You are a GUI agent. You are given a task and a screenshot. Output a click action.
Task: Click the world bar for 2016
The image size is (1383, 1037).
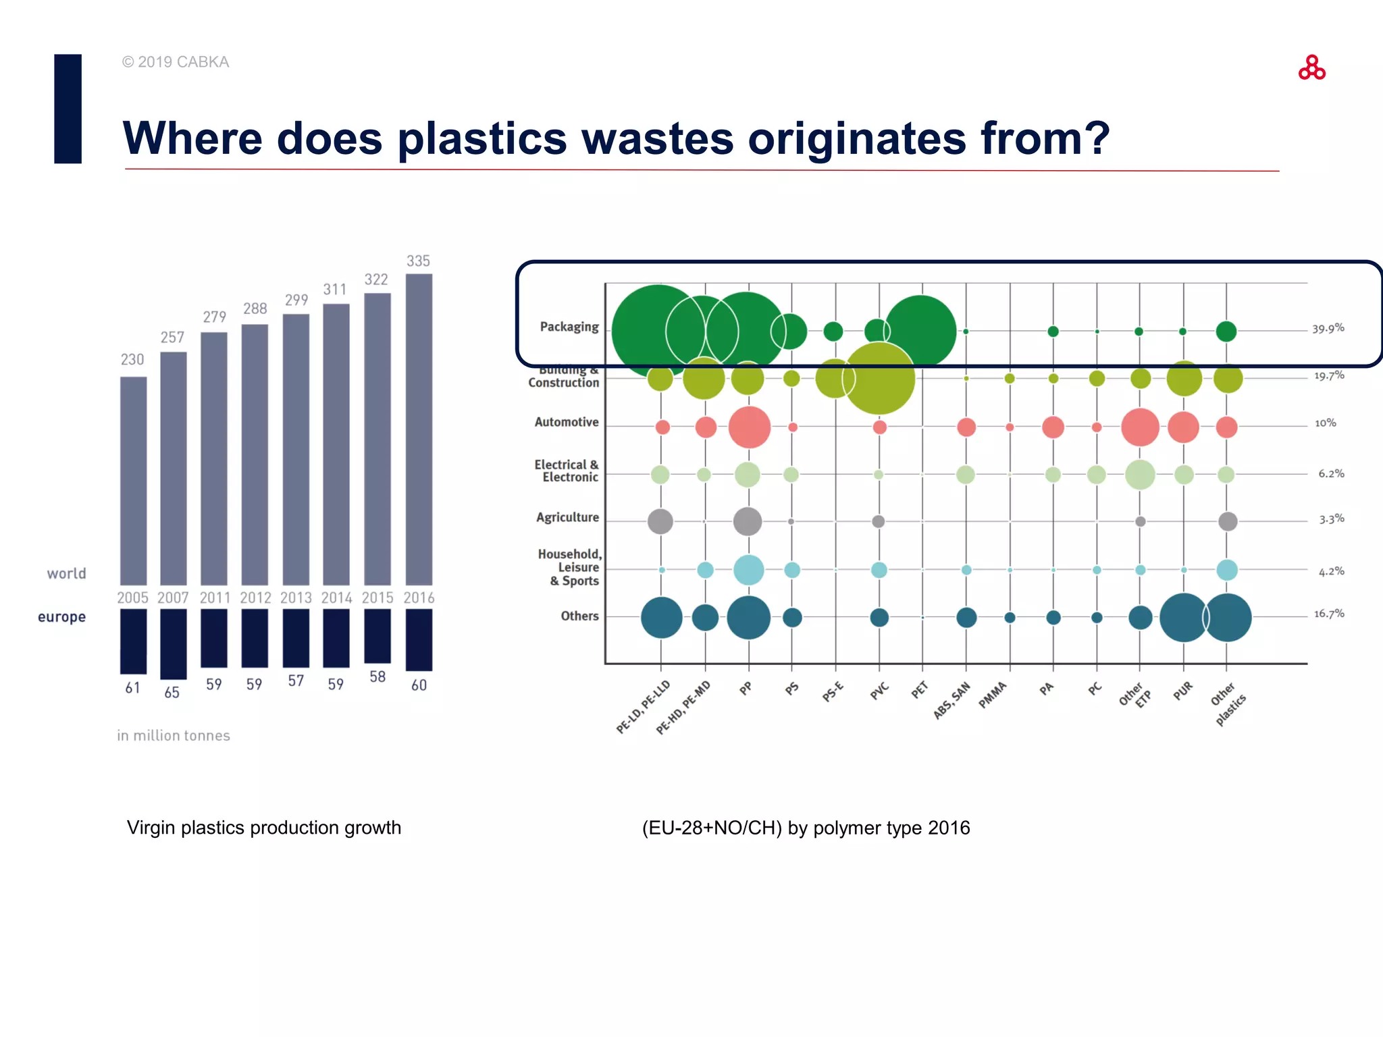(419, 429)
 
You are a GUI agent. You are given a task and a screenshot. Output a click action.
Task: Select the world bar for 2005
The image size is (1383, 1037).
(133, 481)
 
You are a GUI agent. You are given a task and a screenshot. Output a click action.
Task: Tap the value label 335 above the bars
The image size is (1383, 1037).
(418, 261)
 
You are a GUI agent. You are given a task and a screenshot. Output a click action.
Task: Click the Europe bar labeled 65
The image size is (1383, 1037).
(174, 644)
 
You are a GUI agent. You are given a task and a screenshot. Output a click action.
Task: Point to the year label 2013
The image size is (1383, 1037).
(296, 598)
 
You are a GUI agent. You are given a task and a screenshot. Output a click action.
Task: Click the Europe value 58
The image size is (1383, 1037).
(377, 676)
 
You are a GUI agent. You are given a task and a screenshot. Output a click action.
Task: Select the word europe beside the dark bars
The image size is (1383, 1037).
(61, 617)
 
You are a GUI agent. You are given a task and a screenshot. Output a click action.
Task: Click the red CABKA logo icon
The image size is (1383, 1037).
(1311, 68)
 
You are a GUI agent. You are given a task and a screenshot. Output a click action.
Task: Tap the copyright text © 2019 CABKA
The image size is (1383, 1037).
(176, 62)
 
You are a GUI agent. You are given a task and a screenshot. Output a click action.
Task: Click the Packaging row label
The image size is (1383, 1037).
(569, 327)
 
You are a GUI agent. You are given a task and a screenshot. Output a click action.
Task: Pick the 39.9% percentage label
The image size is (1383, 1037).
(1328, 329)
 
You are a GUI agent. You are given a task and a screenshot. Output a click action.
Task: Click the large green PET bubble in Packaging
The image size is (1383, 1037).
(921, 331)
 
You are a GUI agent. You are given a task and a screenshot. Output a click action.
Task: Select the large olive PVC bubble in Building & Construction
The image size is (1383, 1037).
(879, 378)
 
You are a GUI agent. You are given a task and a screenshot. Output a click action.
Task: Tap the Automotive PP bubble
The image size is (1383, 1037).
(749, 427)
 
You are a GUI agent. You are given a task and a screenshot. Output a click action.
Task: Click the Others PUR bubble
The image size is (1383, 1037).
(1183, 617)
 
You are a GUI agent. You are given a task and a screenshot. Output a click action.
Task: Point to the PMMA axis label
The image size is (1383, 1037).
(993, 695)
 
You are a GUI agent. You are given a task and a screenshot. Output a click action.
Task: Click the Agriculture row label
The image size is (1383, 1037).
(567, 518)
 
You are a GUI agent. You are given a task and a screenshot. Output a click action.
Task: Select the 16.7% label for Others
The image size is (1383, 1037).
(1328, 614)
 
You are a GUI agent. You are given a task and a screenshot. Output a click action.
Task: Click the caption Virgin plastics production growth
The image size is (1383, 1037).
(264, 828)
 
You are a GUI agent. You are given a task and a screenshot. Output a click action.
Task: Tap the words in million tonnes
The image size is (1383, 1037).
(174, 736)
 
